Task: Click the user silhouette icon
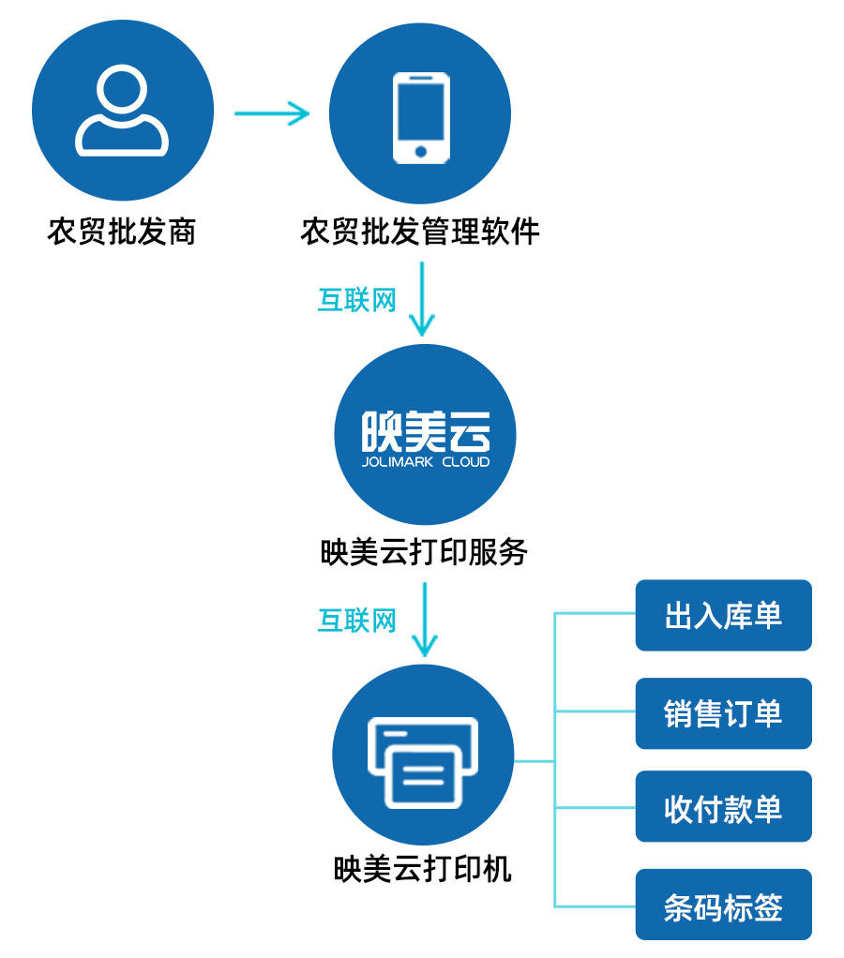(122, 112)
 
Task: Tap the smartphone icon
(420, 114)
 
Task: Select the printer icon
(423, 761)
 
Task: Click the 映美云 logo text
(425, 432)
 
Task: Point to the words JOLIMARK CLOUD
(425, 462)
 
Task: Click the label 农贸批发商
(122, 232)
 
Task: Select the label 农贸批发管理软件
(420, 232)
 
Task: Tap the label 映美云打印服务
(424, 552)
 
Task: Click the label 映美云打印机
(423, 869)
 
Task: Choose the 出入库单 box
(723, 615)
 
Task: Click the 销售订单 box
(723, 713)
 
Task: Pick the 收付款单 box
(723, 807)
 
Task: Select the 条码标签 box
(723, 906)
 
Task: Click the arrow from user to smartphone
(272, 114)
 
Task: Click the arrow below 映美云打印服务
(425, 619)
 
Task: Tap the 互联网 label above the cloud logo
(357, 300)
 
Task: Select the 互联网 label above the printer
(357, 621)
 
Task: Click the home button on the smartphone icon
(420, 150)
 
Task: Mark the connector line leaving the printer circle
(535, 760)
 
